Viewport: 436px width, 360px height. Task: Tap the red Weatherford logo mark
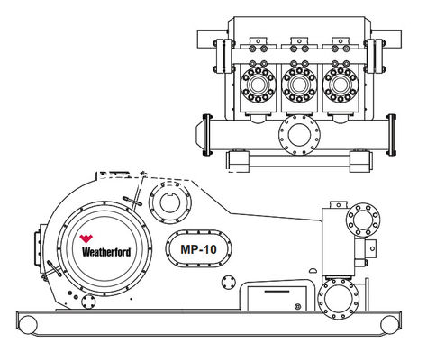click(86, 238)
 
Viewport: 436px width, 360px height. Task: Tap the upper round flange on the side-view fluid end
click(363, 220)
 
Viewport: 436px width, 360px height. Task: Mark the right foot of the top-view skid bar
click(359, 159)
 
